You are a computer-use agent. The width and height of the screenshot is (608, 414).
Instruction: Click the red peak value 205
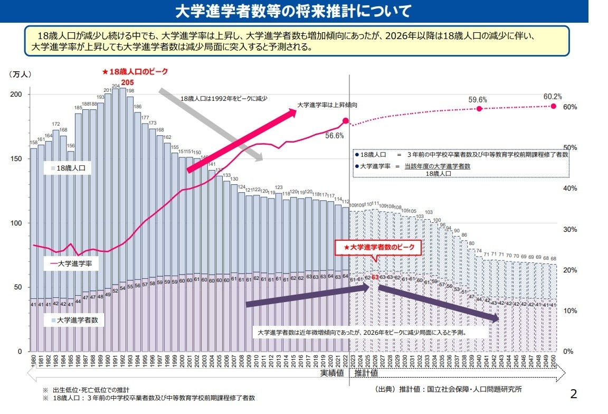click(x=127, y=82)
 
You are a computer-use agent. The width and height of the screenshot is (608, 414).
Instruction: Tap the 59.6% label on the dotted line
click(x=478, y=99)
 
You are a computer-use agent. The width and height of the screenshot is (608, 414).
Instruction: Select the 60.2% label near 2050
click(x=553, y=97)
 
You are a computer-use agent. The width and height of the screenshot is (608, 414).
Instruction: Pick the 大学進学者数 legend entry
click(x=74, y=320)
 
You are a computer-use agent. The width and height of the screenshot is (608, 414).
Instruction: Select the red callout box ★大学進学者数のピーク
click(x=378, y=247)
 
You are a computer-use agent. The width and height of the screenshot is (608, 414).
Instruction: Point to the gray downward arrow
click(x=211, y=125)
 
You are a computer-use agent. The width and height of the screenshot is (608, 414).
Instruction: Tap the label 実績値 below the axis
click(x=332, y=373)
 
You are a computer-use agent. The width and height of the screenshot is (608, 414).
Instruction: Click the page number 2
click(x=574, y=393)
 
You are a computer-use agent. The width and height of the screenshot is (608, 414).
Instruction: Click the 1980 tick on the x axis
click(x=33, y=362)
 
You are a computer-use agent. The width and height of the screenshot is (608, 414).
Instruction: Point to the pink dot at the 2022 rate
click(x=346, y=121)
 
